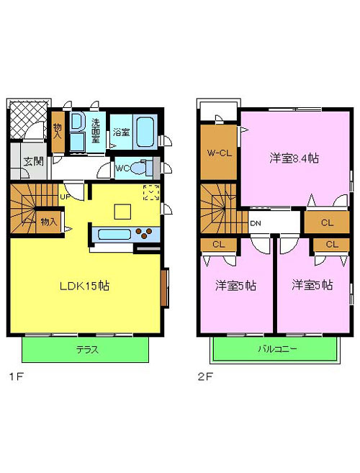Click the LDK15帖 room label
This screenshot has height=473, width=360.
(84, 286)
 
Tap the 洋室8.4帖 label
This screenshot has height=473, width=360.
(294, 158)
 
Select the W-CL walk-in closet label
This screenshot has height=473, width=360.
(220, 153)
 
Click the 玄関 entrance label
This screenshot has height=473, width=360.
(34, 162)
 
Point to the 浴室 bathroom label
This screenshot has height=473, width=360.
(121, 132)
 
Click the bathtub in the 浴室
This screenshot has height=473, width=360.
(146, 132)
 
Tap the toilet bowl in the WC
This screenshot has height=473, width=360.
(138, 168)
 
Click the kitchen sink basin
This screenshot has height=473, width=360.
(114, 235)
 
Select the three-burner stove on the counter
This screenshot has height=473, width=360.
(143, 233)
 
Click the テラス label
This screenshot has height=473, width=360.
(87, 350)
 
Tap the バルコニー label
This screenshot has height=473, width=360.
(277, 349)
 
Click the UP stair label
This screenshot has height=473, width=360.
(65, 197)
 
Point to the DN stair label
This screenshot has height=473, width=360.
(256, 223)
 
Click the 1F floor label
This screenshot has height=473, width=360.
(17, 377)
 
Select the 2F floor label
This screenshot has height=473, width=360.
(205, 377)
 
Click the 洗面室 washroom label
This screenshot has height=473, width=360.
(96, 130)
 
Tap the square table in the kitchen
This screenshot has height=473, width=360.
(122, 212)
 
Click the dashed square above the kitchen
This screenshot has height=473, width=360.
(151, 192)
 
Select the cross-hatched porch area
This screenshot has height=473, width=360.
(29, 120)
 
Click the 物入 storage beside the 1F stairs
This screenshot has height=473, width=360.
(48, 222)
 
